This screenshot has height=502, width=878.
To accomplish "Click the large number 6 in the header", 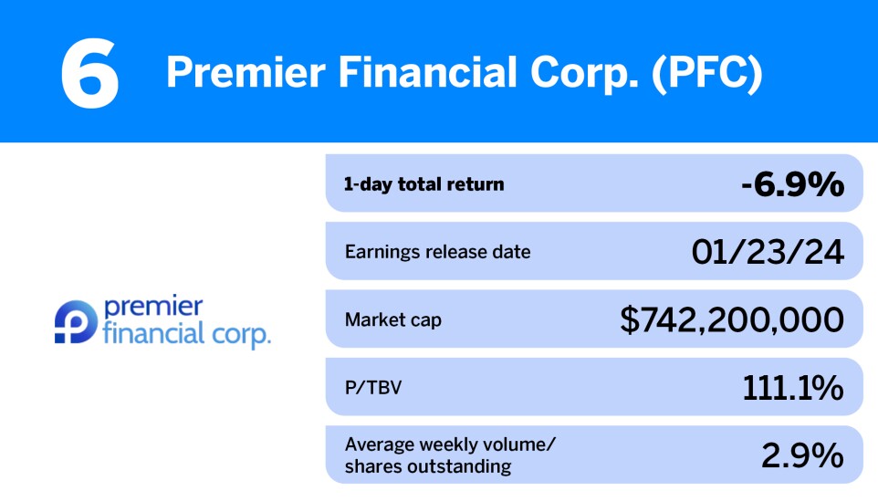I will coord(89,73).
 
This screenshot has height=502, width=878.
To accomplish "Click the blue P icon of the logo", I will coord(69,322).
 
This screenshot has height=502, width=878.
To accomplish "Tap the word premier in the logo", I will coord(153,306).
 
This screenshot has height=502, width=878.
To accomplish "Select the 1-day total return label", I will coord(423,184).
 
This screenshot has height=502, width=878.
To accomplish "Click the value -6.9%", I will coord(792,184).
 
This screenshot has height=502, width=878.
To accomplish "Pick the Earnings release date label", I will coord(437,252).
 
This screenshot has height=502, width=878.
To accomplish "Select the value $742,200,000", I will coord(732,320).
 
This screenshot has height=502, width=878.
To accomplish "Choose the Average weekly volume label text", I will coord(450,444).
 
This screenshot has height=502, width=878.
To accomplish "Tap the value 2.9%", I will coord(802,455).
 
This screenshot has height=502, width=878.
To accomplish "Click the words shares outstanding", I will coord(428,467).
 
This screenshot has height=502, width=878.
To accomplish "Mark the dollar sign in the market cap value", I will coord(630,320).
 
